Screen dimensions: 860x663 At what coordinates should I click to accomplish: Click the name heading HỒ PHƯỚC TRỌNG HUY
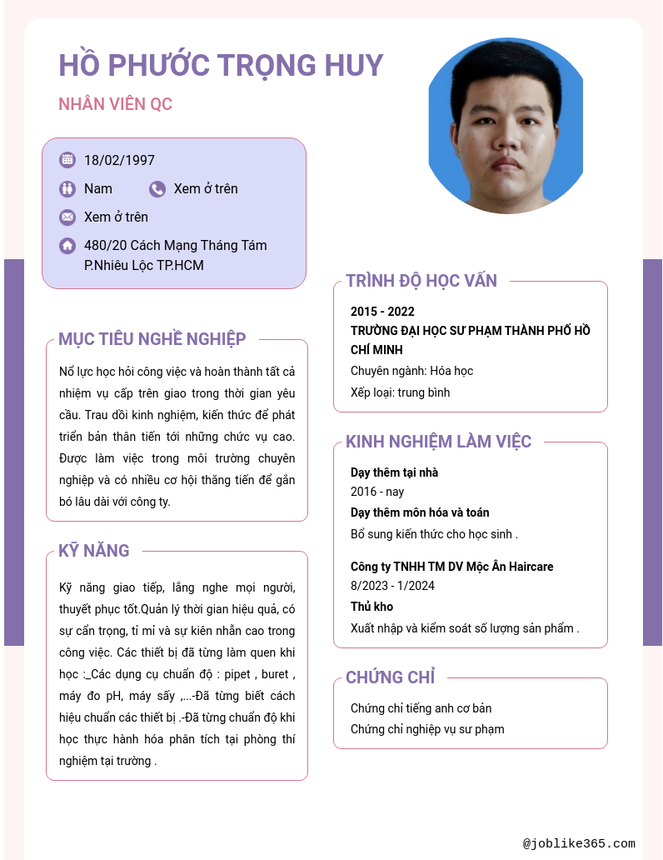click(221, 65)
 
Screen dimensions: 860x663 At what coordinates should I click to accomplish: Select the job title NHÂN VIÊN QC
click(115, 104)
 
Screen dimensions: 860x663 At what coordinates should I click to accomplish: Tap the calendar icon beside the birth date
click(67, 160)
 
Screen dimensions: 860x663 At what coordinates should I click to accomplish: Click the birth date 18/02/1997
click(119, 160)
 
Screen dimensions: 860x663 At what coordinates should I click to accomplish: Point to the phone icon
click(157, 189)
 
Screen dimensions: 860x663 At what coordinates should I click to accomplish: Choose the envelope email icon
click(67, 217)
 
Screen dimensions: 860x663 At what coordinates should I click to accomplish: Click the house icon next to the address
click(67, 246)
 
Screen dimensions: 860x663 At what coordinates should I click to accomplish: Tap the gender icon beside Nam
click(67, 189)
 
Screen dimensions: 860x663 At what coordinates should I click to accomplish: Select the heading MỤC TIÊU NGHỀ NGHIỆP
click(152, 339)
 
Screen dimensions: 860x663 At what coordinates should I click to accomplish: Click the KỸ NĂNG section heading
click(94, 551)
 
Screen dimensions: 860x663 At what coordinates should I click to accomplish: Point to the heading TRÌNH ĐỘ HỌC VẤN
click(421, 281)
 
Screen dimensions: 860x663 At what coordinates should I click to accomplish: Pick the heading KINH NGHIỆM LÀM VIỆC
click(438, 442)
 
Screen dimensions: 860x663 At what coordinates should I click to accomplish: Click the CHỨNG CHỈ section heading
click(390, 677)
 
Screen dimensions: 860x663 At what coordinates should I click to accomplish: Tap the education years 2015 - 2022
click(382, 312)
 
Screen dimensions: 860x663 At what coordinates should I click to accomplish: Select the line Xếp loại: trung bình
click(400, 392)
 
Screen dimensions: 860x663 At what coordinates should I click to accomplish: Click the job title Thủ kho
click(371, 607)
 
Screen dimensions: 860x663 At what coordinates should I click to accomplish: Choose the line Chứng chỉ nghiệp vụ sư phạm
click(427, 729)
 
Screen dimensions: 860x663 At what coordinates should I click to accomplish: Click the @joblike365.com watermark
click(579, 843)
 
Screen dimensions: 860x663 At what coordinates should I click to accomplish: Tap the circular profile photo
click(506, 127)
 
